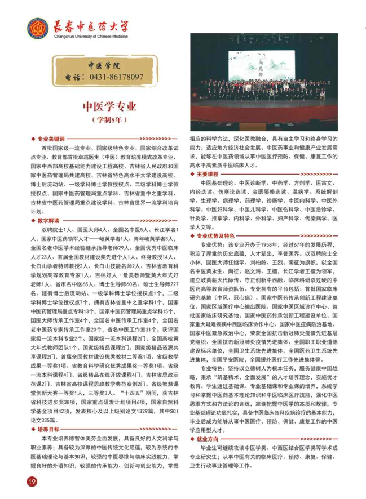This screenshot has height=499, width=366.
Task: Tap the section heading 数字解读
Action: coord(48,221)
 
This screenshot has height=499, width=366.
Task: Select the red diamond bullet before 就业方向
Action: coord(191,435)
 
